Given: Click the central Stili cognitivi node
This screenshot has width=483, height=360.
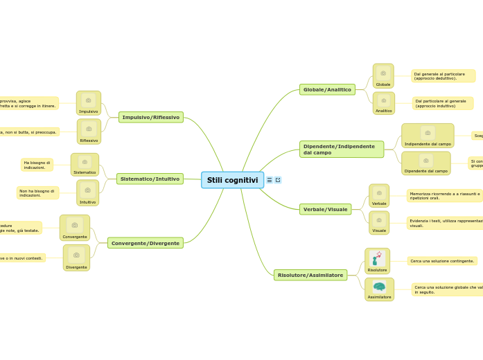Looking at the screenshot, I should pos(232,180).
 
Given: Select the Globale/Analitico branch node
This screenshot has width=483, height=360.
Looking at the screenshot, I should pos(327,89).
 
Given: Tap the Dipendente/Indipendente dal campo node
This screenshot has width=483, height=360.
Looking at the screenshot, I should pos(342,149).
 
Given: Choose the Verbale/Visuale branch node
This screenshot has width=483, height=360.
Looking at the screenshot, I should pos(325,209).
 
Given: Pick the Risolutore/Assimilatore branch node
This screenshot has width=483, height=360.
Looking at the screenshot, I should pos(310,275).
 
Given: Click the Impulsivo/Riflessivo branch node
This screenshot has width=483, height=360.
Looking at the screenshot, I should pos(150,117).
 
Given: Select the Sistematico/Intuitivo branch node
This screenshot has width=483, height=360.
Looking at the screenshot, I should pos(150,179).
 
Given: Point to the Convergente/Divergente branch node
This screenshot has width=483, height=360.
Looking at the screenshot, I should pos(146,243).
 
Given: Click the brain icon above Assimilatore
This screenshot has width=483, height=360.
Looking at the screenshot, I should pos(379,286).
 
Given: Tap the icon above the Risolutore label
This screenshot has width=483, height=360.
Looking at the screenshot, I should pos(377,258).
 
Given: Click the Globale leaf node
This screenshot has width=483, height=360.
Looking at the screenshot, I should pos(383,76).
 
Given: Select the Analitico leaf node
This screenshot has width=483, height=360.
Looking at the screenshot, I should pos(384,103).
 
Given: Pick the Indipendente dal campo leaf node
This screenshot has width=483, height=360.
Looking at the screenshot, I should pos(428,136).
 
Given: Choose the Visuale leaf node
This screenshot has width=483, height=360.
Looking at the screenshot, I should pos(379,223).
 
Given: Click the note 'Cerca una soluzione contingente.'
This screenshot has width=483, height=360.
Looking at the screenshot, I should pos(442,261).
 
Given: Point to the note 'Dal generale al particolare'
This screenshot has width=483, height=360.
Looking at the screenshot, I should pos(443,75).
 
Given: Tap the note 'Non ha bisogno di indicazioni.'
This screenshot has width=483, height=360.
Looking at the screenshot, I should pos(37,192).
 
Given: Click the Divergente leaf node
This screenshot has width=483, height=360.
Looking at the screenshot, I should pos(76,258).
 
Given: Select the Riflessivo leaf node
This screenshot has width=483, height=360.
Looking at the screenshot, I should pos(89,132).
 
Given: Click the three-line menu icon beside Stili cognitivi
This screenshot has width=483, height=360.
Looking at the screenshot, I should pos(270,180).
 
